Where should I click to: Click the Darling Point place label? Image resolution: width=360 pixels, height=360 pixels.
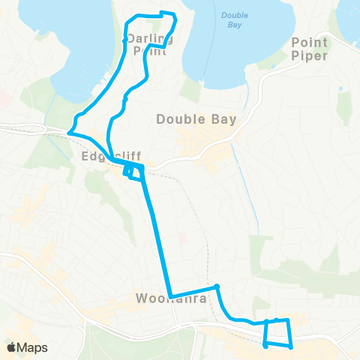coord(149,44)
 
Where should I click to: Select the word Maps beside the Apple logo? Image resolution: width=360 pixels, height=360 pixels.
coord(34,347)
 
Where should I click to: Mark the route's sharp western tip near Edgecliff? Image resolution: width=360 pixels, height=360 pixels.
coord(69,133)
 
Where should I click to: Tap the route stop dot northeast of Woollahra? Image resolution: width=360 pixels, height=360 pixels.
coord(216,286)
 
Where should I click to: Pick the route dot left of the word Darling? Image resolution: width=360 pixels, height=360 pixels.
coord(124,40)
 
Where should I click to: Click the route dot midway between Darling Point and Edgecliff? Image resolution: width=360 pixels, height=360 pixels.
coord(125,98)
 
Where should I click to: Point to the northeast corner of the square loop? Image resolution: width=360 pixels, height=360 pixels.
coord(286,320)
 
